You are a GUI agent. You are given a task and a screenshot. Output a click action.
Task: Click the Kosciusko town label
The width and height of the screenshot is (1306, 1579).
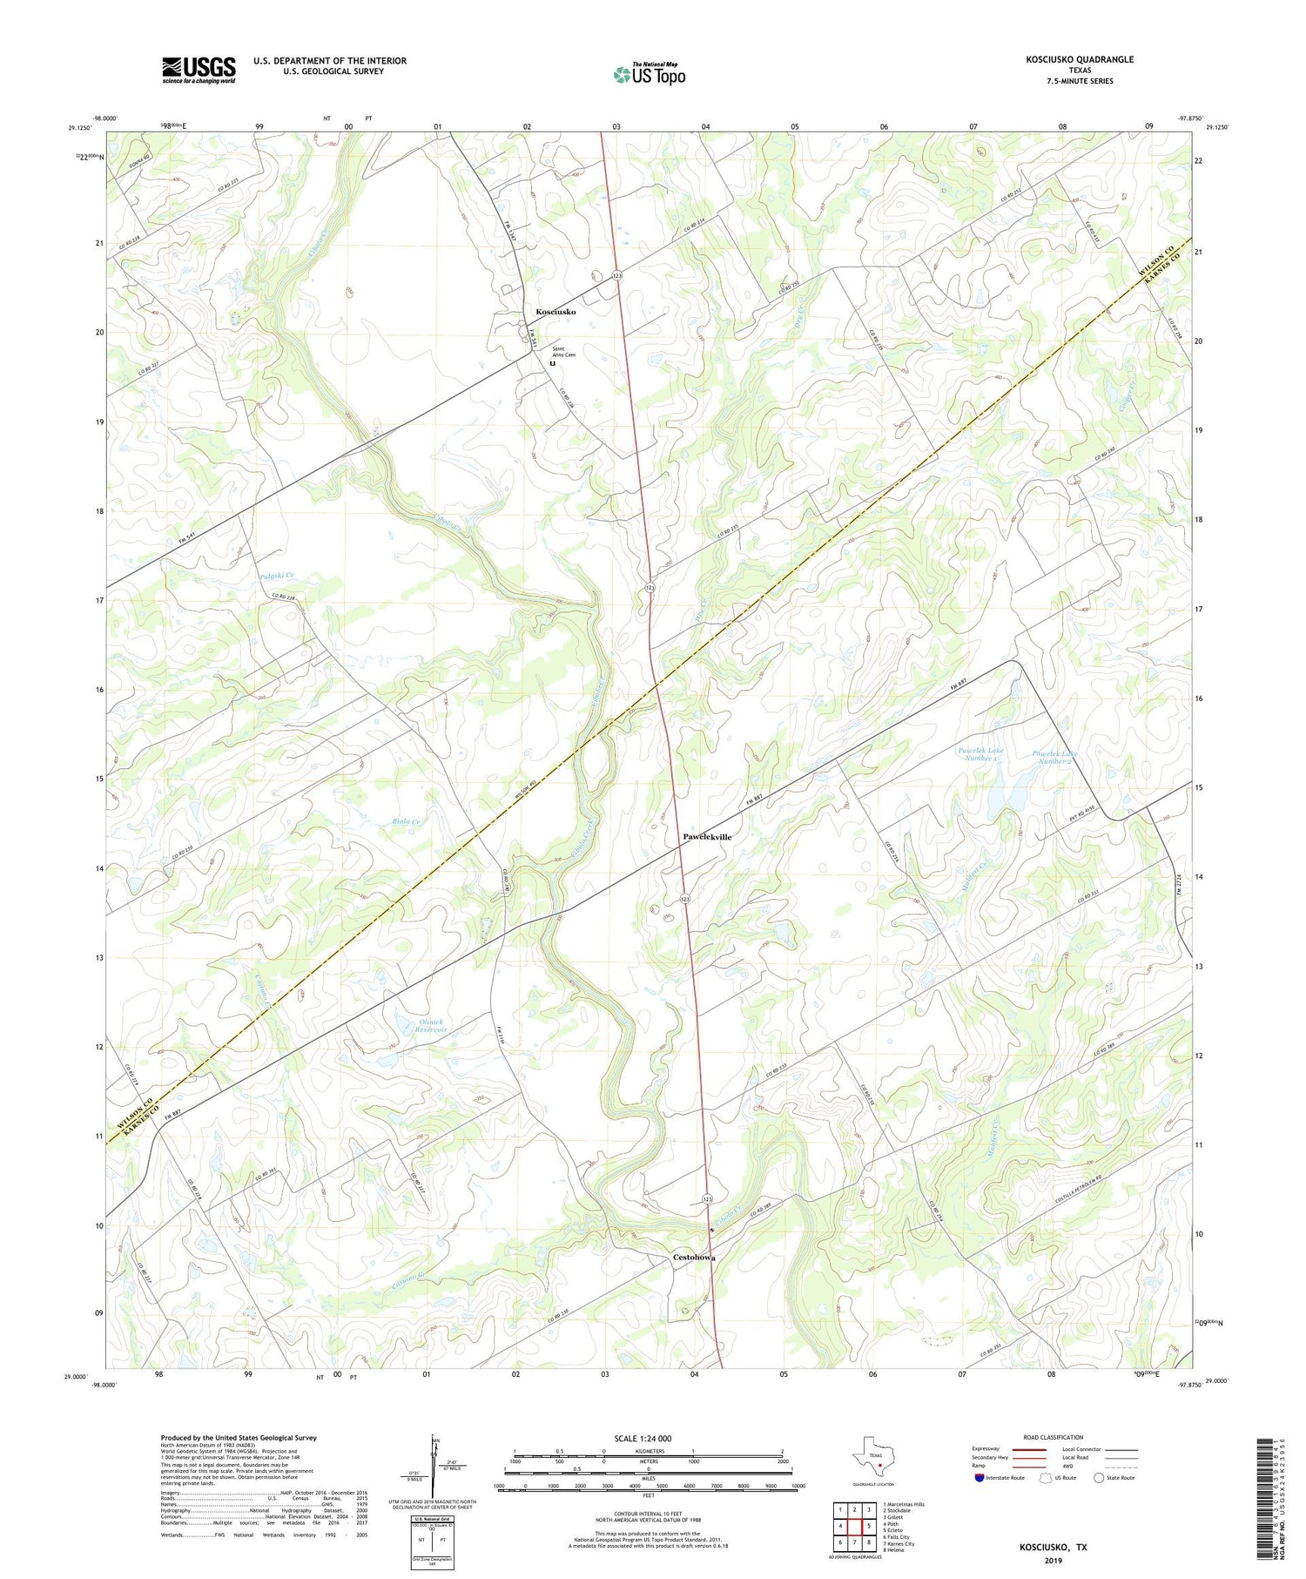555,312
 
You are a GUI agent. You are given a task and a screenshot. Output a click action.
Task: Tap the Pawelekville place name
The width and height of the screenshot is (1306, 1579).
707,837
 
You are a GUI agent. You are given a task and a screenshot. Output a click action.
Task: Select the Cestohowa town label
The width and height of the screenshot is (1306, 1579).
694,1258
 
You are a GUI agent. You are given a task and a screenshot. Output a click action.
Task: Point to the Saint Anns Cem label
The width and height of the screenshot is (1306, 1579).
563,352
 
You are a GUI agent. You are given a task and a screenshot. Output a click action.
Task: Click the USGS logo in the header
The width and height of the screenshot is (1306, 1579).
199,70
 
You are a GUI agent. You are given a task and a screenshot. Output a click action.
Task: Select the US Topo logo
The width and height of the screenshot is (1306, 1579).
649,75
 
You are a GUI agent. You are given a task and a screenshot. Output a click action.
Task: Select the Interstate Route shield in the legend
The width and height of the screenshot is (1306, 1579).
979,1478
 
